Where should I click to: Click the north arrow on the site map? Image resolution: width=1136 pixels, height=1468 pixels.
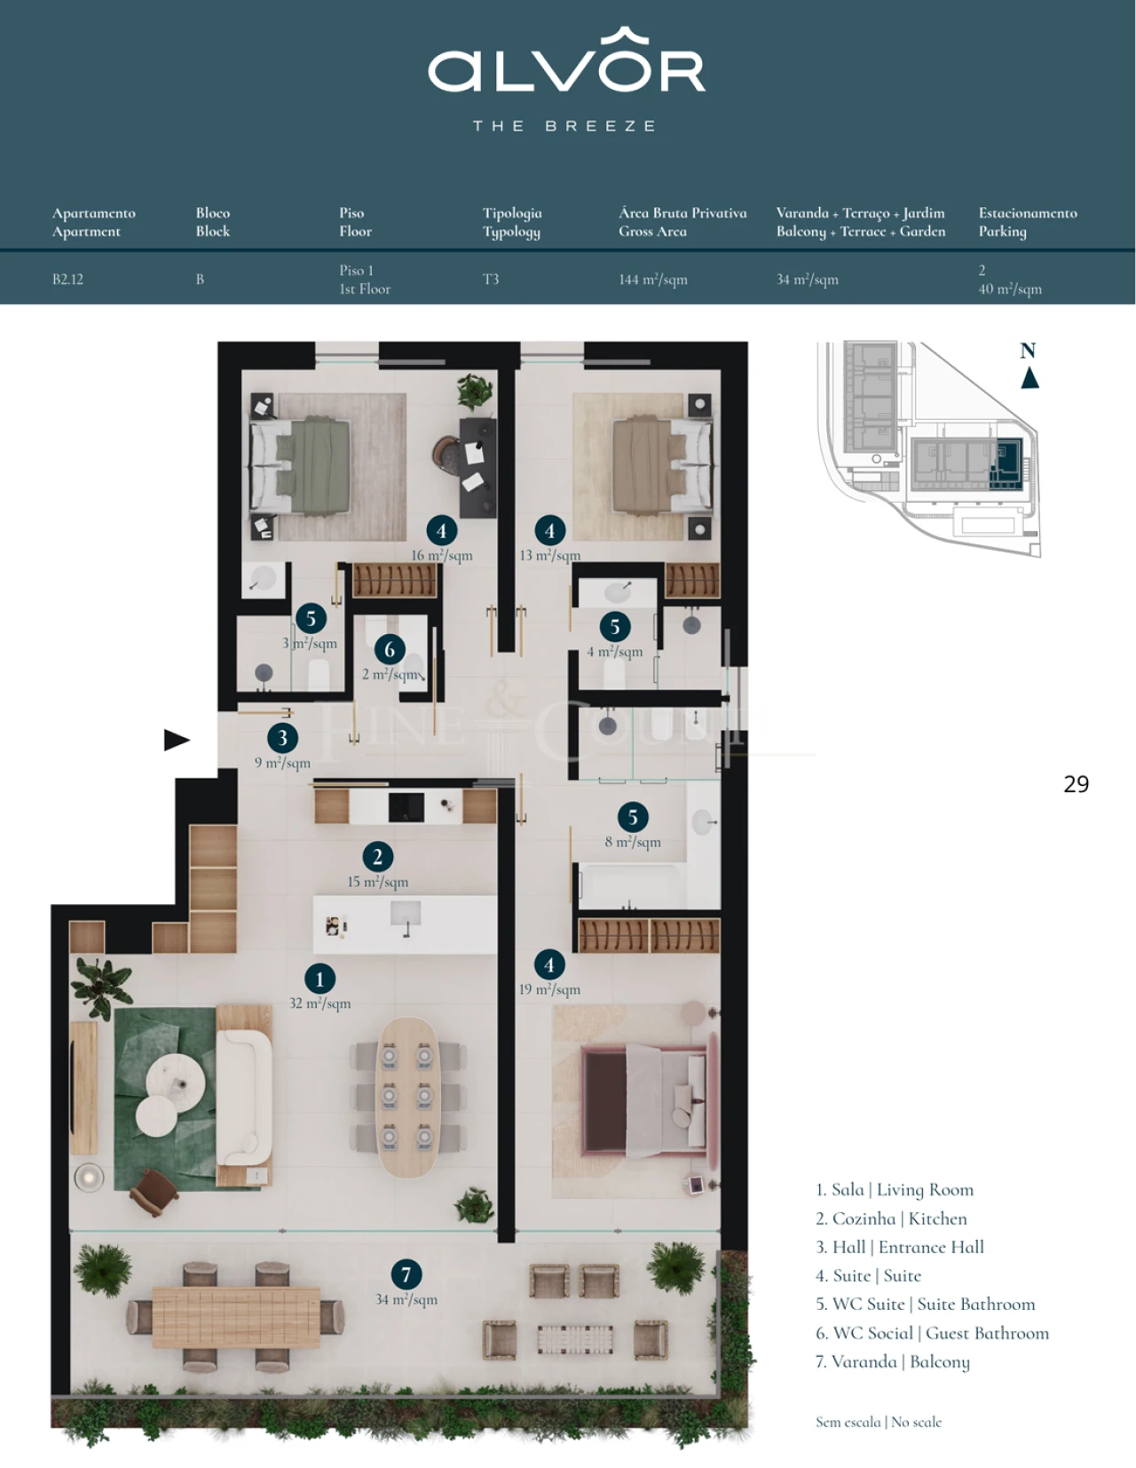(x=1029, y=377)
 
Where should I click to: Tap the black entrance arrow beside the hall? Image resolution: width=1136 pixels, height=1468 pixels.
(x=177, y=739)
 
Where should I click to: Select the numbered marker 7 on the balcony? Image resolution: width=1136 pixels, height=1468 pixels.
(x=406, y=1274)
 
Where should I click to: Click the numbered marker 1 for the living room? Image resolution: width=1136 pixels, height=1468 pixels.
(x=319, y=979)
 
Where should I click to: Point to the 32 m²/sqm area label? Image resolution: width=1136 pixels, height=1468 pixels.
(x=319, y=1004)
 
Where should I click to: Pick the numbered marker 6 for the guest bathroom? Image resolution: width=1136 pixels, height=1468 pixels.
(x=390, y=649)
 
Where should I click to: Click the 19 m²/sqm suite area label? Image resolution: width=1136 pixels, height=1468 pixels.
(x=549, y=989)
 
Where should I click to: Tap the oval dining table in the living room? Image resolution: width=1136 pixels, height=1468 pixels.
(x=407, y=1097)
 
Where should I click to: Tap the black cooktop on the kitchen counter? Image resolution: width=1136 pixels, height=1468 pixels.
(x=406, y=806)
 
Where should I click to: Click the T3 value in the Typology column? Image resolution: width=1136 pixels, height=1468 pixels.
(x=491, y=279)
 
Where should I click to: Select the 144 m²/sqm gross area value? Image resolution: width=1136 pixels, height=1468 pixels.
(x=652, y=280)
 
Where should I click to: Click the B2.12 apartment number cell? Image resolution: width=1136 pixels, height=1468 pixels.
(x=67, y=279)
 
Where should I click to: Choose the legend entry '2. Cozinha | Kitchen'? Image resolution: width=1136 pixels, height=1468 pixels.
(x=890, y=1218)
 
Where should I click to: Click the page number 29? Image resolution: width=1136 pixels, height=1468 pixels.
(x=1076, y=783)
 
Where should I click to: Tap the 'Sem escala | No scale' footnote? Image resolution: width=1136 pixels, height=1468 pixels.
(x=878, y=1422)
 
